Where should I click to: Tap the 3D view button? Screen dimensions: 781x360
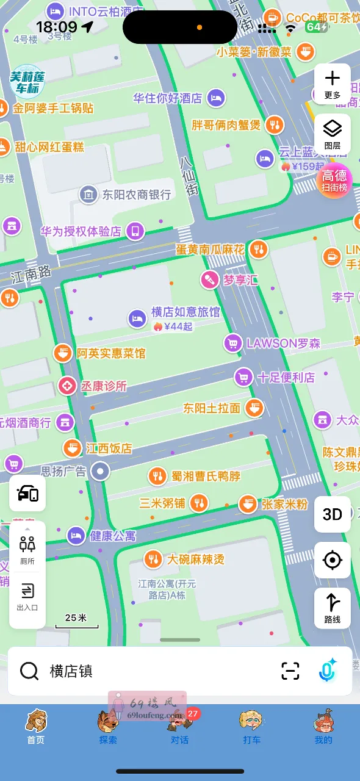[x=333, y=514]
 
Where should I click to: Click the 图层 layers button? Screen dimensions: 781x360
[x=333, y=134]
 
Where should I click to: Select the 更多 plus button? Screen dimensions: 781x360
[x=333, y=84]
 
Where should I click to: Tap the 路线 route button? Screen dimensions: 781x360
[x=333, y=608]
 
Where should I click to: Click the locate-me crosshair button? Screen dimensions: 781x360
[x=333, y=560]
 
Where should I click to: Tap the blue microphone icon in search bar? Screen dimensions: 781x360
[x=328, y=671]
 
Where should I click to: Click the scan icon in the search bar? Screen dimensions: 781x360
[x=290, y=671]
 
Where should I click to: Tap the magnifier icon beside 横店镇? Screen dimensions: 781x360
[x=29, y=671]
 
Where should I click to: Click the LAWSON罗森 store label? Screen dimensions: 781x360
[x=283, y=344]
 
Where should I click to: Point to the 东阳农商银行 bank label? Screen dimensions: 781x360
[x=136, y=195]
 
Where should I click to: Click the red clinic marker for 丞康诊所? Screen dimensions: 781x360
[x=67, y=386]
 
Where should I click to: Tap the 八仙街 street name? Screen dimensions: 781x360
[x=189, y=176]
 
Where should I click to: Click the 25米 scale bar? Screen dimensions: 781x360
[x=76, y=620]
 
